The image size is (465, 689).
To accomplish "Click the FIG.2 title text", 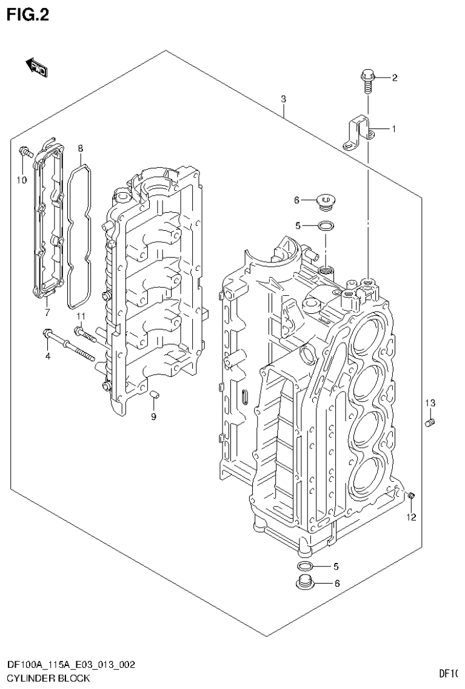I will tap(28, 14).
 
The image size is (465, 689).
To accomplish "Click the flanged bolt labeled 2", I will tap(367, 79).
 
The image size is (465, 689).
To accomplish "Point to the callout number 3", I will tap(283, 99).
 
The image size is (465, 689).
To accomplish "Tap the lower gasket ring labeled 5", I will tap(306, 567).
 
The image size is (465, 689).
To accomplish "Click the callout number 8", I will tap(81, 147).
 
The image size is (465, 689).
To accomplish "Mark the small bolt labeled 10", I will tap(24, 151).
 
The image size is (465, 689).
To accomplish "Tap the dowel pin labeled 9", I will tap(154, 396).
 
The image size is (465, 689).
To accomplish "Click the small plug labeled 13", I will tap(430, 422).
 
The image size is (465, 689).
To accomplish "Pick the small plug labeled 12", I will tap(411, 496).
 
